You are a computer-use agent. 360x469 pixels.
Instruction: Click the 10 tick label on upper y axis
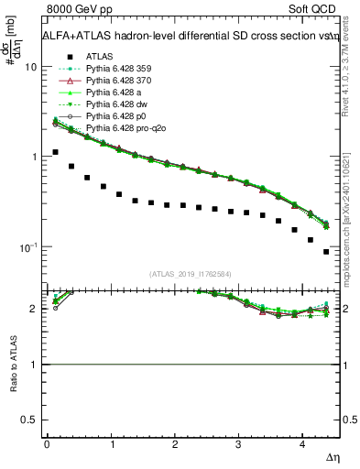[x=31, y=68]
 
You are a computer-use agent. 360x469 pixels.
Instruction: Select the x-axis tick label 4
[x=302, y=444]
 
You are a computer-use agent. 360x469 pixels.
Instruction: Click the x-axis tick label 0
[x=47, y=444]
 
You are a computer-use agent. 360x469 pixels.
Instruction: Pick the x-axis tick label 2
[x=174, y=444]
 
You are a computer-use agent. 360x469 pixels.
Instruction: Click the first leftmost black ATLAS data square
[x=55, y=152]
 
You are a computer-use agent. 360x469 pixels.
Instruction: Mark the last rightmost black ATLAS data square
[x=326, y=251]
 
